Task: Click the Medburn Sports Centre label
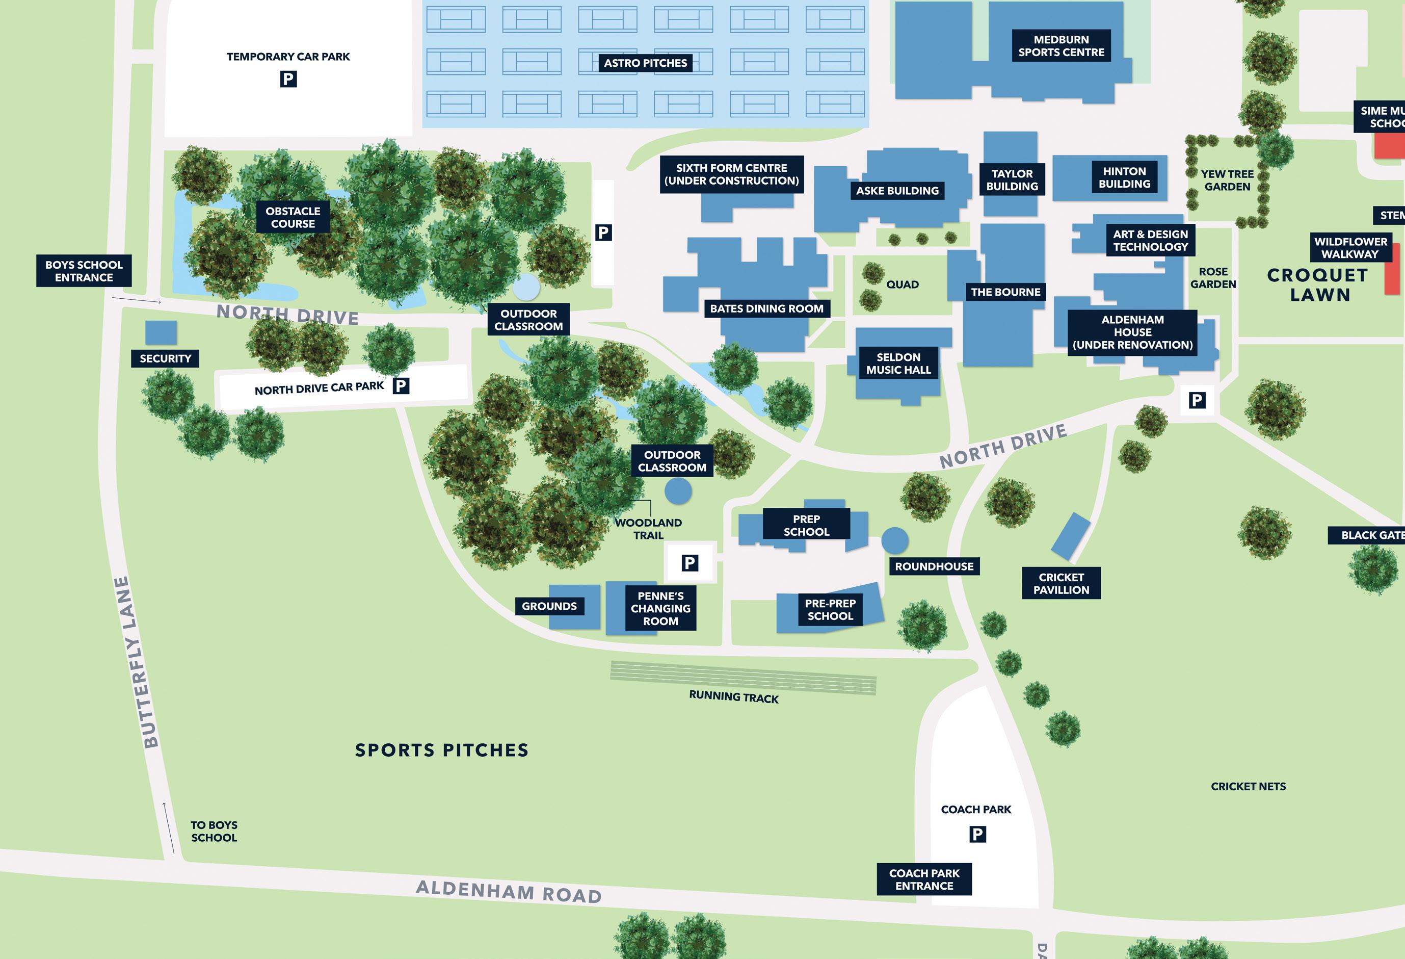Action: click(x=1061, y=46)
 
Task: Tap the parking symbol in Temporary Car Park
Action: click(x=288, y=79)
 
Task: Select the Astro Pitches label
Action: click(x=645, y=63)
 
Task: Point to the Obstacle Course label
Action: click(x=293, y=217)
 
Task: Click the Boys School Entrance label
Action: click(x=84, y=271)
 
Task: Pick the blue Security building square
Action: click(x=161, y=333)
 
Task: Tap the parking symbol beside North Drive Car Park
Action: click(x=401, y=386)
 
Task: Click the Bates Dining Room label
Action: click(x=766, y=308)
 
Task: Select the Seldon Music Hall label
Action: click(x=898, y=364)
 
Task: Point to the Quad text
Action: click(x=902, y=284)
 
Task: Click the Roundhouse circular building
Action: click(x=895, y=540)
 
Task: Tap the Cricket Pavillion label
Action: click(x=1061, y=583)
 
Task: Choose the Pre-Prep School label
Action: click(x=830, y=609)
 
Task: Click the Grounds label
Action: click(x=549, y=606)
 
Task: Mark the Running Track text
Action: click(x=734, y=697)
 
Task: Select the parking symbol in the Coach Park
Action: click(x=977, y=835)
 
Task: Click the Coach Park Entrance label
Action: click(x=924, y=879)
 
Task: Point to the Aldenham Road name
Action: click(x=509, y=892)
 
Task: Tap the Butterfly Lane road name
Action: click(x=137, y=662)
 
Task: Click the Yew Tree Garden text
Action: click(x=1227, y=180)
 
